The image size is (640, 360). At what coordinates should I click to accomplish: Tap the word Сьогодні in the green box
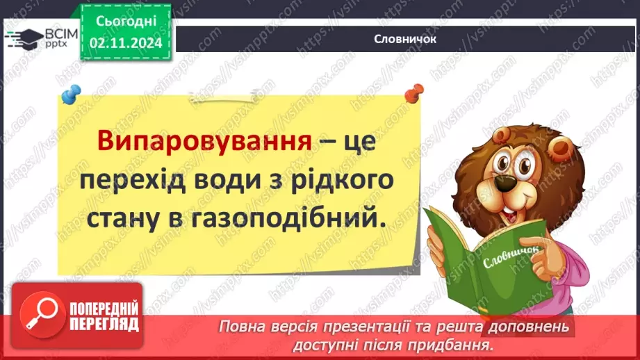coord(126,22)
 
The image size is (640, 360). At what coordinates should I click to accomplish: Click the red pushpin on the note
coord(414,91)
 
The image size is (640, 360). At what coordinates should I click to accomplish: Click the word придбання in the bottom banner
coord(453,343)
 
